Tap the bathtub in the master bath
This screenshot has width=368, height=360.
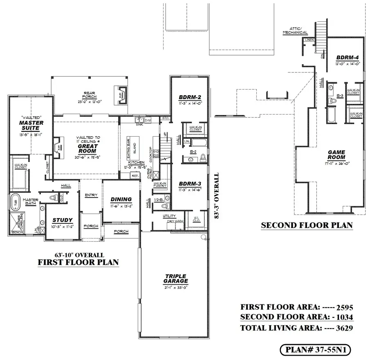pos(15,202)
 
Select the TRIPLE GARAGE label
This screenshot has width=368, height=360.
pos(177,279)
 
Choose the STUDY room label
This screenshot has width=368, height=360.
pos(62,220)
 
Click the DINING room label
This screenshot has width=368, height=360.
pos(121,199)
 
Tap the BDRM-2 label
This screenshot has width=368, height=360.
pos(189,97)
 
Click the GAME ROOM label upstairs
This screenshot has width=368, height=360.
pos(336,155)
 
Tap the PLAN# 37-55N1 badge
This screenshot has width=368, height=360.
pos(315,350)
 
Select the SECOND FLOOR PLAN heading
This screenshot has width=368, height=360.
pos(307,225)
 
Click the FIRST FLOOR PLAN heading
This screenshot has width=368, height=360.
pos(78,262)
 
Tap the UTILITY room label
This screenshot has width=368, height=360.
pos(169,216)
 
